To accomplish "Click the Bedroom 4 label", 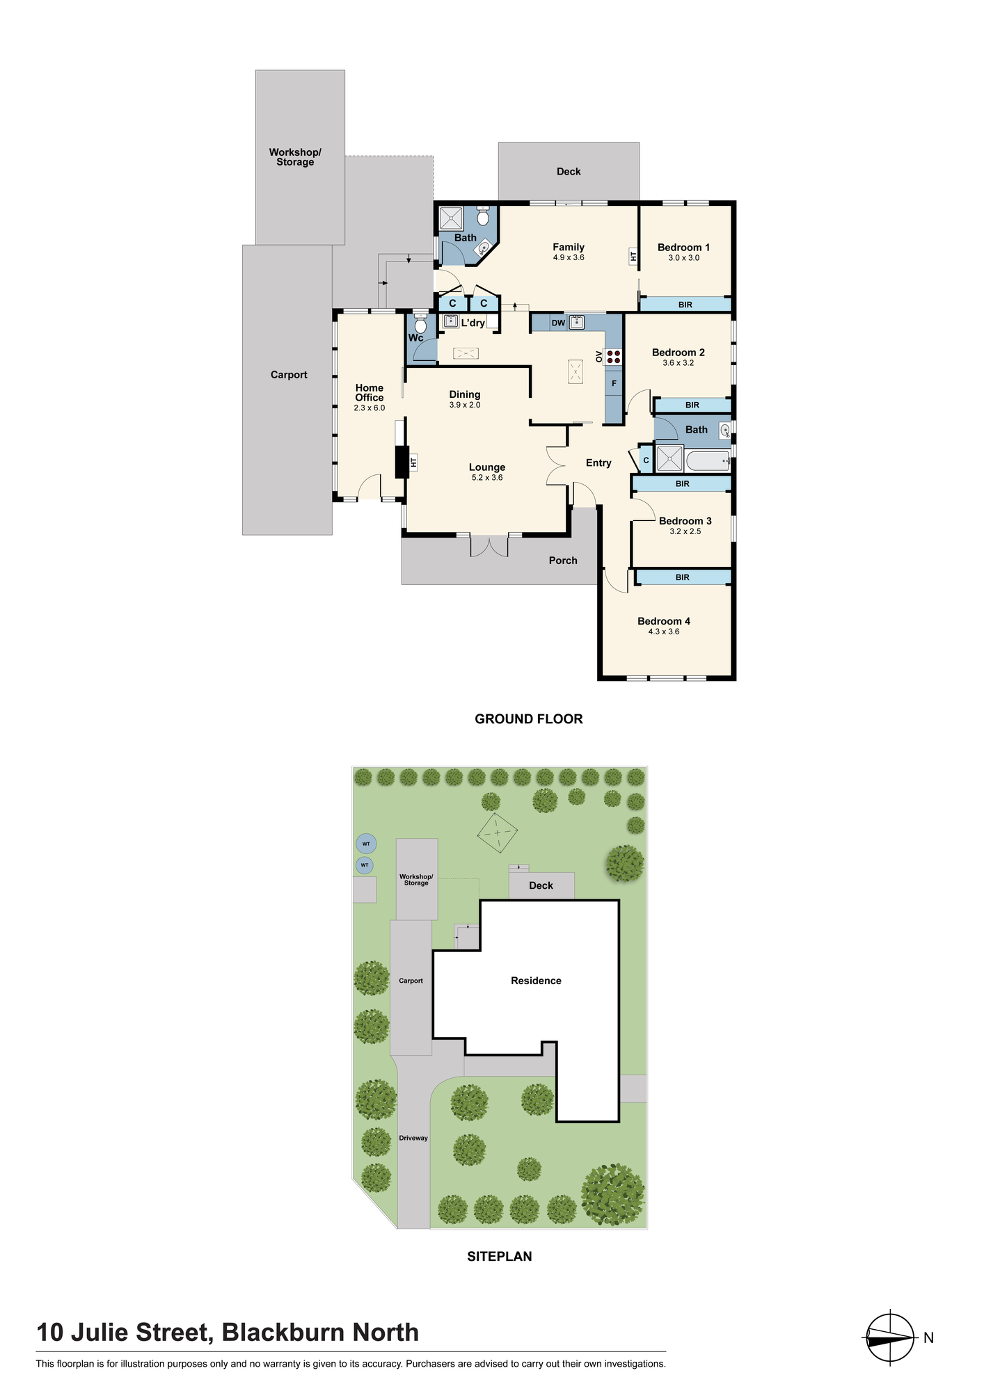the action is coord(664,621).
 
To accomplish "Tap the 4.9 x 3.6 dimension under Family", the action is coord(569,257).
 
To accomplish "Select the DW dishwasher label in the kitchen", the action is coord(558,323).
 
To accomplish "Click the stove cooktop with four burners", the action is coord(613,357).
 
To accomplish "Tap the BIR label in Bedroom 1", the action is coord(685,305).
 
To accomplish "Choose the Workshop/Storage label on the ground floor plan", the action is coord(295,157).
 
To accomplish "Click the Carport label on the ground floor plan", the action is coord(289,375).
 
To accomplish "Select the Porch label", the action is coord(563,561).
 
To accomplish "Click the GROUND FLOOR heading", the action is coord(529,719).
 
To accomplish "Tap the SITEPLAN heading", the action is coord(500,1257).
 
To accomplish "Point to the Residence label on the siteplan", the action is coord(536,981).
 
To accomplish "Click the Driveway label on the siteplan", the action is coord(413,1139).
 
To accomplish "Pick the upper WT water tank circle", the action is coord(366,844).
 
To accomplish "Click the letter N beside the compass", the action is coord(928,1337).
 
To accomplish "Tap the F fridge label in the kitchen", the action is coord(614,383).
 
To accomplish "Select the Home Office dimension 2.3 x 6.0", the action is coord(369,408).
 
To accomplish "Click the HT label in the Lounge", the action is coord(413,462).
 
